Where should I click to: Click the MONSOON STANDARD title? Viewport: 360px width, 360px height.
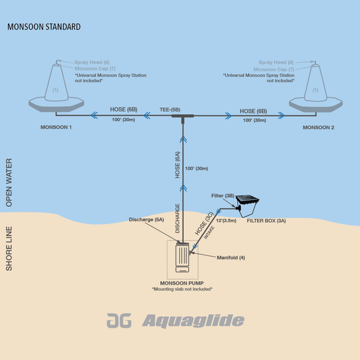pyautogui.click(x=44, y=28)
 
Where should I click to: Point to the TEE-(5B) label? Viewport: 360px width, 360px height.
pyautogui.click(x=170, y=109)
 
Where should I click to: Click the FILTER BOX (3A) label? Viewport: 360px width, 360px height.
pyautogui.click(x=267, y=220)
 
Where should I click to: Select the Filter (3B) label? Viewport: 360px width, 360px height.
pyautogui.click(x=222, y=196)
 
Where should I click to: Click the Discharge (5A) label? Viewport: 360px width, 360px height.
pyautogui.click(x=145, y=220)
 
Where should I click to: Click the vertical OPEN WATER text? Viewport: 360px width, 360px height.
pyautogui.click(x=9, y=182)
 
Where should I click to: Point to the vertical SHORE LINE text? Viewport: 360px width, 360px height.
pyautogui.click(x=9, y=249)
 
